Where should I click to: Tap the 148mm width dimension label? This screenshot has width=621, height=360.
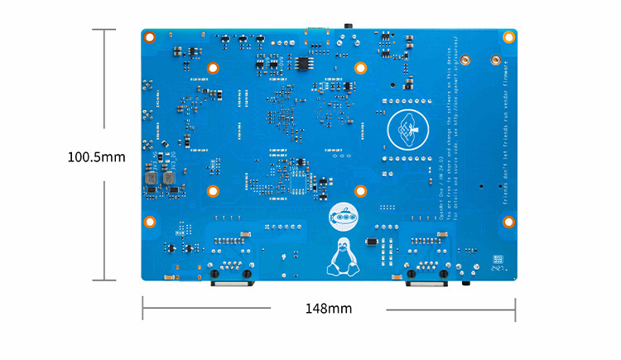[x=329, y=309]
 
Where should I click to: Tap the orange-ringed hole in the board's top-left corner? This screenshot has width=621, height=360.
[x=151, y=37]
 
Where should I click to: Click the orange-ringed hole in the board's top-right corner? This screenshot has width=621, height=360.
[x=509, y=37]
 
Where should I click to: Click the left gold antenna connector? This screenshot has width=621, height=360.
[x=465, y=60]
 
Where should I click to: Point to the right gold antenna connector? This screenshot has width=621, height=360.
[x=494, y=60]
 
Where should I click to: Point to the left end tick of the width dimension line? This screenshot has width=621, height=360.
[x=143, y=310]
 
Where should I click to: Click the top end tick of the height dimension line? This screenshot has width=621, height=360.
[x=103, y=29]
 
